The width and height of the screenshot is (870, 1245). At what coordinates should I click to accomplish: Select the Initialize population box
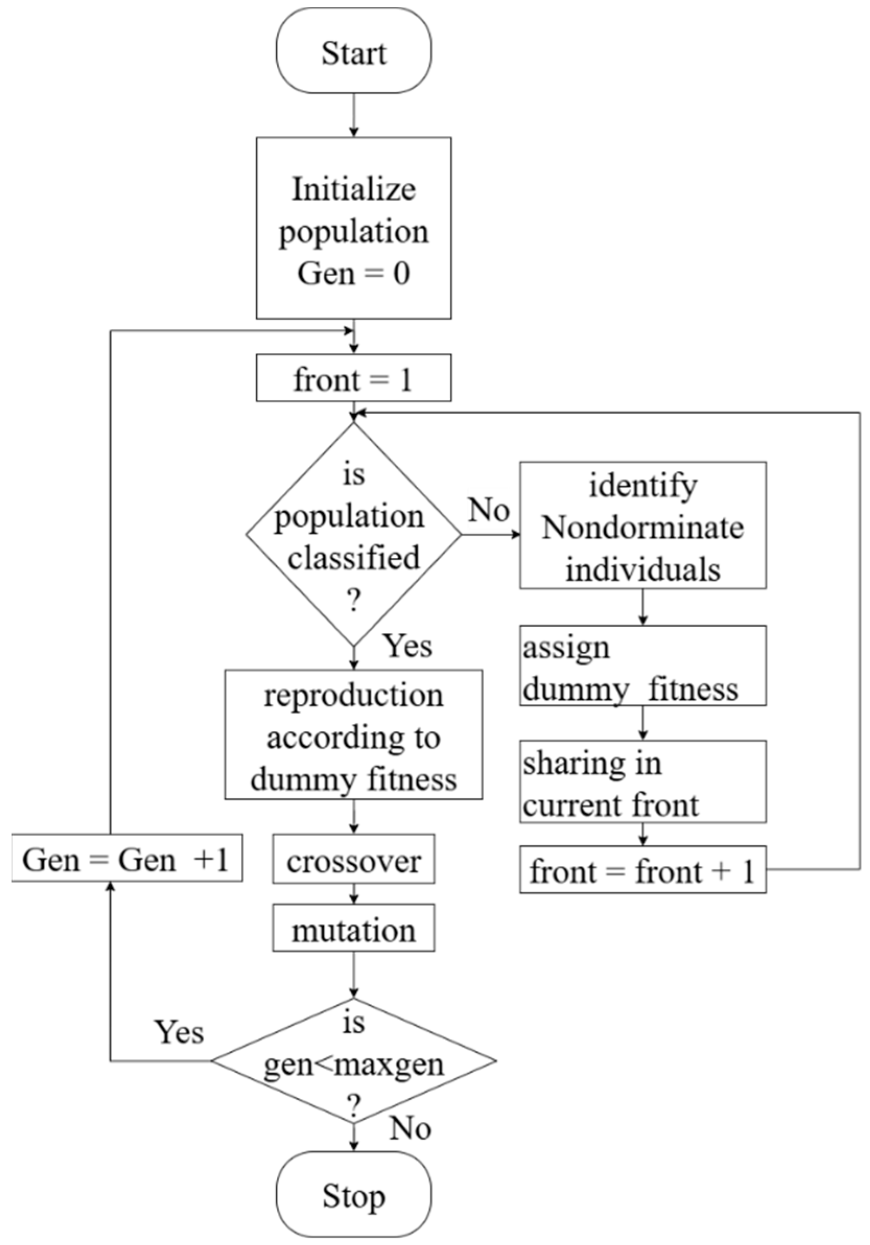(354, 228)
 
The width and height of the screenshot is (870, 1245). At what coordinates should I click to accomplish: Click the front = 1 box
(354, 378)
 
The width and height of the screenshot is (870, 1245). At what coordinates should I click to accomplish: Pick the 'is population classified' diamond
(354, 535)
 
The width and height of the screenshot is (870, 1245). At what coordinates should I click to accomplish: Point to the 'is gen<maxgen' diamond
(354, 1061)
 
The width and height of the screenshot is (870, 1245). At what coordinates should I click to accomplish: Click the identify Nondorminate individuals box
(643, 525)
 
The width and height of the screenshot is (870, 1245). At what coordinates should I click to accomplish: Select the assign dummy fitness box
(643, 665)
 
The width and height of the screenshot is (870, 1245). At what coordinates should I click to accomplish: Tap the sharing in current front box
(643, 781)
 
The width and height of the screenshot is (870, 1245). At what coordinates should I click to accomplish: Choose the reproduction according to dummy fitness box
(354, 734)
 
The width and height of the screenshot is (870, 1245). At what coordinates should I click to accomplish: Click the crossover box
(354, 859)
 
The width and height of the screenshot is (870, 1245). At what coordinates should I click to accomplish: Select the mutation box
(354, 928)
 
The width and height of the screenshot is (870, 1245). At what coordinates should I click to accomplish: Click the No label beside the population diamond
(489, 510)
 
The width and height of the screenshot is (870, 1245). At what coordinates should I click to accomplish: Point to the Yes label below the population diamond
(408, 647)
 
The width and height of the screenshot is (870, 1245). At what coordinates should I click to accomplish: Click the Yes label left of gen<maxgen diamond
(179, 1031)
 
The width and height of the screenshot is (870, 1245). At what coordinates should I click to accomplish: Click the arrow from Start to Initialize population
(354, 115)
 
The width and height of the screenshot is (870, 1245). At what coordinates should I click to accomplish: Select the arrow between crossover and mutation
(354, 894)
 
